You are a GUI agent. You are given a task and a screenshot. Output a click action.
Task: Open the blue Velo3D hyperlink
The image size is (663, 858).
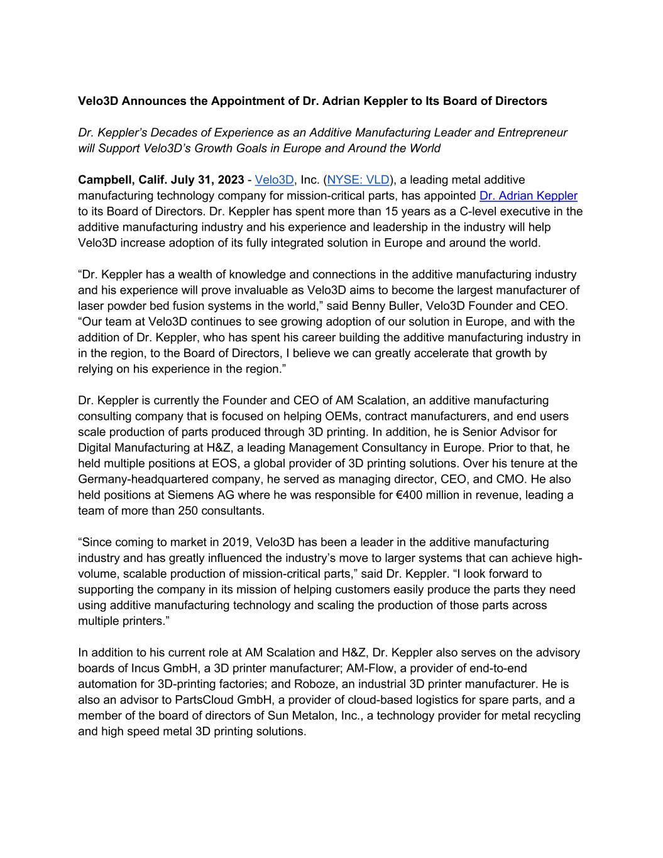point(274,180)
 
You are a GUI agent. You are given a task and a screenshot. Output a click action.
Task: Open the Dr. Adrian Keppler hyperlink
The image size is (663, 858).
point(528,196)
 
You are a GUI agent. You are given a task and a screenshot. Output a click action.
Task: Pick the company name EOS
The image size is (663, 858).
point(264,463)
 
